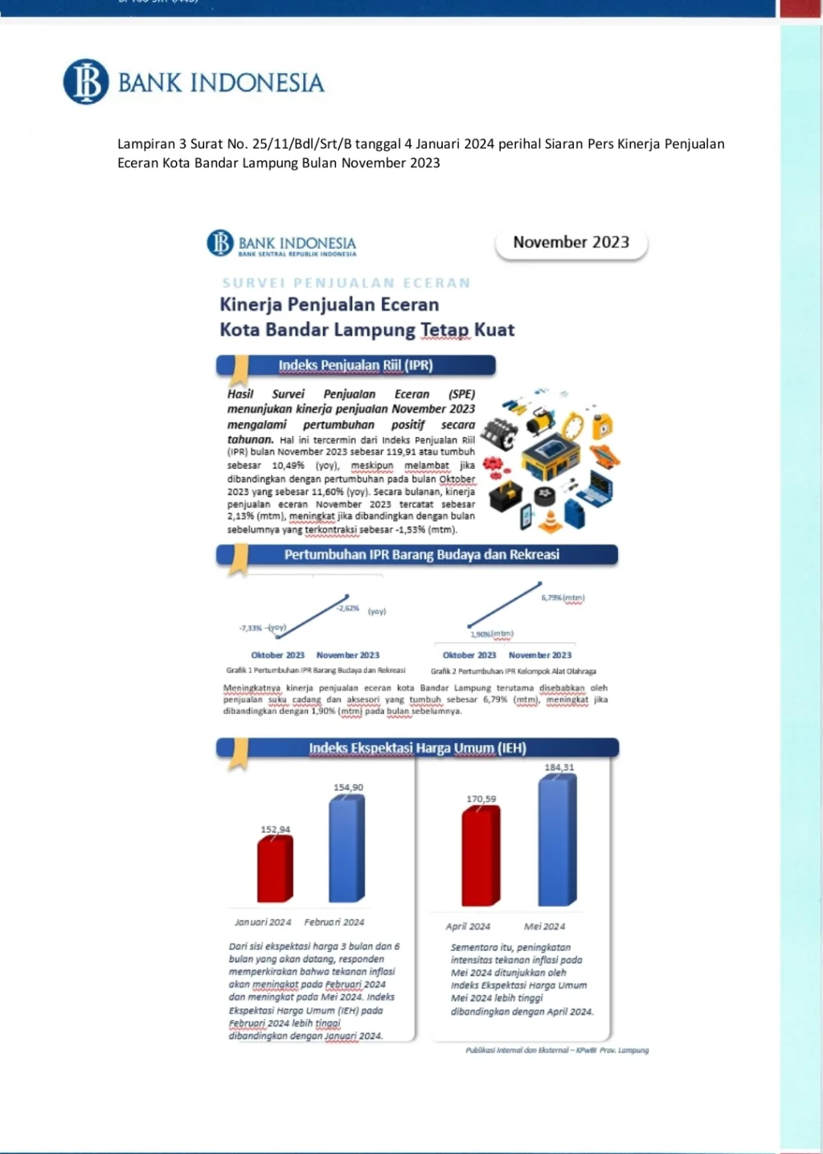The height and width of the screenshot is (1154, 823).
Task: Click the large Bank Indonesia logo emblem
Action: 86,82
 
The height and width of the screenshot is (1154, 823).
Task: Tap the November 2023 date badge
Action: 571,243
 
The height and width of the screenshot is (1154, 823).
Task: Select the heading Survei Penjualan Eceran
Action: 346,283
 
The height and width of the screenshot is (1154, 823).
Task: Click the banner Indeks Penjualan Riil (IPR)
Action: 355,365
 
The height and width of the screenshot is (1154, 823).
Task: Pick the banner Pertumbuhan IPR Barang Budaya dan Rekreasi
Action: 421,555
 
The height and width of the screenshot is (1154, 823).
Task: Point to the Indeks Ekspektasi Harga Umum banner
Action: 417,748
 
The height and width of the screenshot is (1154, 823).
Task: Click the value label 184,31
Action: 559,768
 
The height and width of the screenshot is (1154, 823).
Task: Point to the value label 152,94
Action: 276,830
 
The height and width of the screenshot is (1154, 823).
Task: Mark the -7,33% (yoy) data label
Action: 262,628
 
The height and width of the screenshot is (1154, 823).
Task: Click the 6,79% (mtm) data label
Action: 563,598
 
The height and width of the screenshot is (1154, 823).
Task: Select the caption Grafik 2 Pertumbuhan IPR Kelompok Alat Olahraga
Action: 514,671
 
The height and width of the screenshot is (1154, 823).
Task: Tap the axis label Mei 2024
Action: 544,927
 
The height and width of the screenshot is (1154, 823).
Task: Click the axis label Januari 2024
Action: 263,923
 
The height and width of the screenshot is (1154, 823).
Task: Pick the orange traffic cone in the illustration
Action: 550,521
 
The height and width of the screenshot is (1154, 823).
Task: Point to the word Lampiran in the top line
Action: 146,145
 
